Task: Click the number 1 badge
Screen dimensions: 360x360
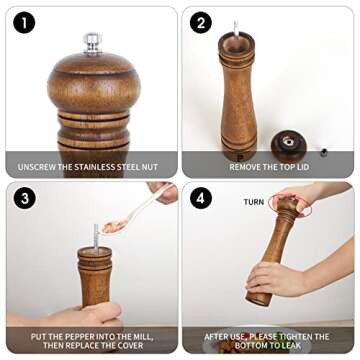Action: point(22,22)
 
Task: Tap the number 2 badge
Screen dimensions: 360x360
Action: point(201,22)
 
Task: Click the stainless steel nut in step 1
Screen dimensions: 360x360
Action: point(92,42)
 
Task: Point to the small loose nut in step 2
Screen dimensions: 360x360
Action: point(322,152)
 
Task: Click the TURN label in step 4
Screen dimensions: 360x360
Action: point(254,201)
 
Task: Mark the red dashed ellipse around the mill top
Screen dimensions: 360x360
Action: point(291,205)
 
